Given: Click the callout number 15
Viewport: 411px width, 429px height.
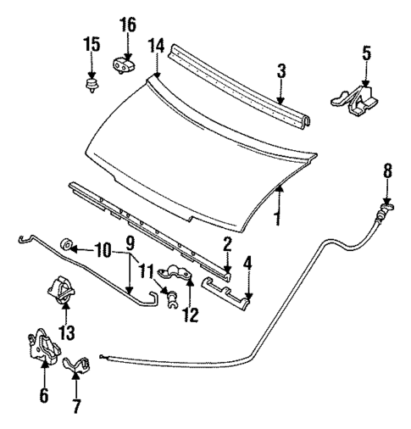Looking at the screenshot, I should click(91, 44).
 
